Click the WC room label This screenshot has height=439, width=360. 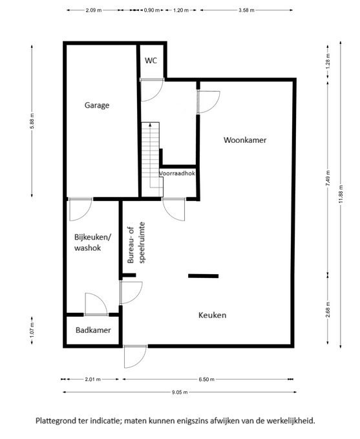[x=151, y=61]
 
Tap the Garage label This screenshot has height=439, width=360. [x=97, y=105]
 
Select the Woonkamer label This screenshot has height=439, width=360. [x=245, y=140]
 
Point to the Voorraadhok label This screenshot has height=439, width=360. [x=177, y=173]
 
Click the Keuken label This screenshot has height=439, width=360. [x=212, y=316]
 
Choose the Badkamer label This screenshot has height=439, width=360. [x=93, y=330]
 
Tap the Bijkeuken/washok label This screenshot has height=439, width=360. [x=92, y=242]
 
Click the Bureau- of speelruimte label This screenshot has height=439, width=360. [x=136, y=242]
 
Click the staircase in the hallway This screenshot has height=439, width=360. [x=152, y=159]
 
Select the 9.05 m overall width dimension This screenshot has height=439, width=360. [x=180, y=392]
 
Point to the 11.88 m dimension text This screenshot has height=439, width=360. [x=341, y=195]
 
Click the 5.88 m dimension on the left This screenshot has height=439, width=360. [x=32, y=121]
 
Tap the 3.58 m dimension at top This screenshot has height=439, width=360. [x=246, y=10]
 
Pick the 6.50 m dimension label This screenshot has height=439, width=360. [x=206, y=380]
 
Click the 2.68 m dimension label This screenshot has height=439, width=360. [x=328, y=310]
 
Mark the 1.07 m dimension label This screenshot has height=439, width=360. [x=32, y=330]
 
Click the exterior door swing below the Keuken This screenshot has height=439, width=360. [x=135, y=357]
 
